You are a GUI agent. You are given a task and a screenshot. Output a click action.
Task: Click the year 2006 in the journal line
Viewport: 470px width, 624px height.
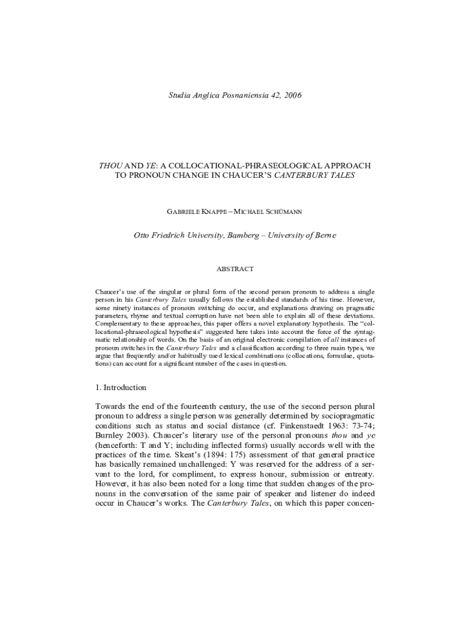click(290, 95)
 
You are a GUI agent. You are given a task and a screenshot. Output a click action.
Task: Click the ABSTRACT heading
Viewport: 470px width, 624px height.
click(235, 269)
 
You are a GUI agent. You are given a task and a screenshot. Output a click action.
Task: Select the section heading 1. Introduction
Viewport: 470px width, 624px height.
click(121, 387)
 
